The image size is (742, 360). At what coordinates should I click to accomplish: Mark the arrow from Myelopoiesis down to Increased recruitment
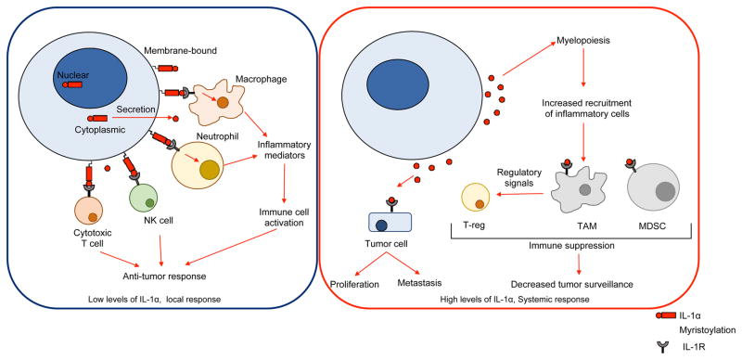pyautogui.click(x=582, y=71)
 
